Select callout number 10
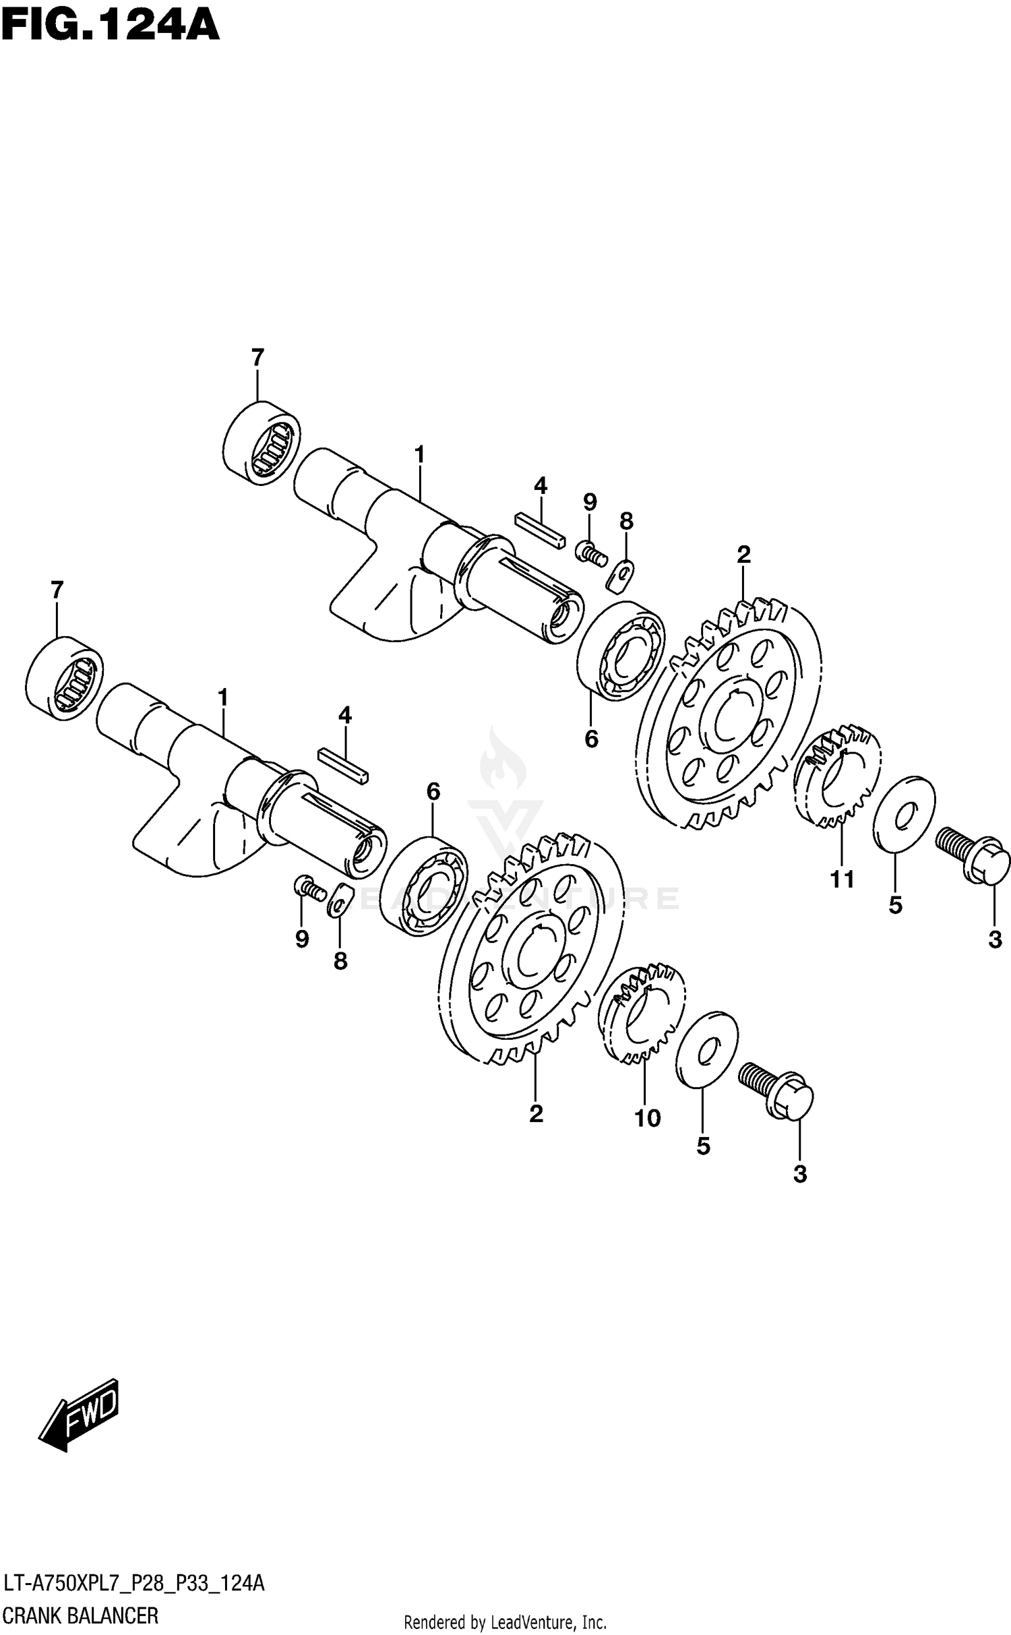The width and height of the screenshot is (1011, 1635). tap(647, 1118)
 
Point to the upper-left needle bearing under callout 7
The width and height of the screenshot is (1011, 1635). tap(262, 442)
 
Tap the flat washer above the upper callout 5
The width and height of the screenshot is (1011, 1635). tap(904, 814)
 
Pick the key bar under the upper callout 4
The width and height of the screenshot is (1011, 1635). tap(540, 531)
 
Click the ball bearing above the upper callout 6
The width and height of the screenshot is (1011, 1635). tap(621, 651)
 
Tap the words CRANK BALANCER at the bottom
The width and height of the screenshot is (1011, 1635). tap(81, 1616)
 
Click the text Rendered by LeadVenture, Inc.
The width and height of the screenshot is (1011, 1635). tap(505, 1622)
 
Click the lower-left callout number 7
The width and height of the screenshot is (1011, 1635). tap(57, 590)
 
